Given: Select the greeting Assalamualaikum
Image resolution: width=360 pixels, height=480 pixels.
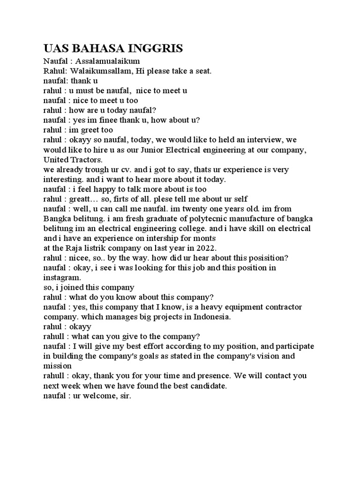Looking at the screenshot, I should pyautogui.click(x=107, y=61).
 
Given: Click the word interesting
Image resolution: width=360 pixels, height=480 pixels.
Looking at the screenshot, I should pyautogui.click(x=65, y=179).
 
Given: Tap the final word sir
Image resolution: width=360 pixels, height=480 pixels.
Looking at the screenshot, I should pyautogui.click(x=126, y=395).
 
